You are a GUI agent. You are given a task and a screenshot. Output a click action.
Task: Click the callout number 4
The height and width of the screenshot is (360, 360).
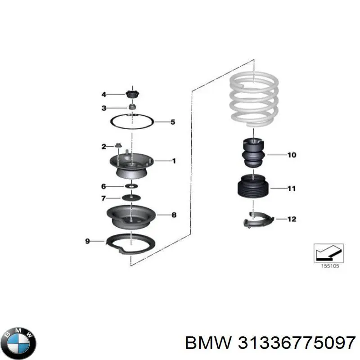[103, 94]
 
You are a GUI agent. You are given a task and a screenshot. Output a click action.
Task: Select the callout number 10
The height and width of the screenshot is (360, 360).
[292, 155]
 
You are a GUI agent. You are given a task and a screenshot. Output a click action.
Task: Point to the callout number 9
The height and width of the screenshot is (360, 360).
[88, 242]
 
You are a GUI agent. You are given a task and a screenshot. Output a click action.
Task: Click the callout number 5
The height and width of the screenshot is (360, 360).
[172, 122]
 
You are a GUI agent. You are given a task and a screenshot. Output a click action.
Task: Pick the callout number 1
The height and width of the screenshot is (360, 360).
[174, 161]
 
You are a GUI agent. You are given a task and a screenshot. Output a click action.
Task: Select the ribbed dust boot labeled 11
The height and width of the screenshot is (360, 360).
[253, 188]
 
